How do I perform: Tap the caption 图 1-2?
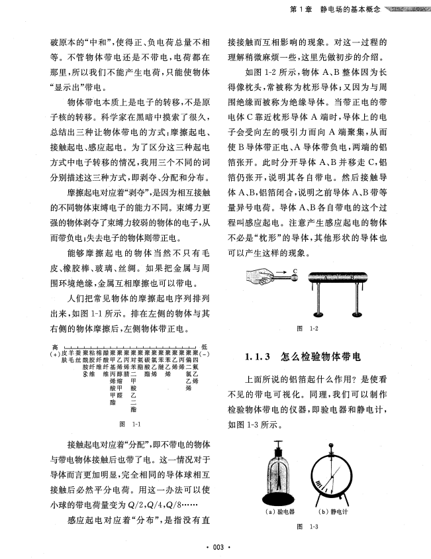(309, 329)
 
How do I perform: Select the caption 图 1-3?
(309, 527)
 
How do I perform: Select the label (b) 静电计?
(336, 512)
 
